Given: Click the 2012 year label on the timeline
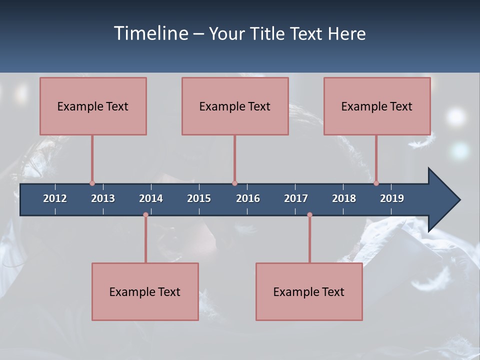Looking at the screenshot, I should pyautogui.click(x=55, y=198).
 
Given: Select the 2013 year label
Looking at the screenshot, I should pyautogui.click(x=103, y=198).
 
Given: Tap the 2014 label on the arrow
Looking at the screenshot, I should pyautogui.click(x=151, y=198).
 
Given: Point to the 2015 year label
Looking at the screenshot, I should pyautogui.click(x=199, y=198).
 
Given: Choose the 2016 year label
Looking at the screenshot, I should pyautogui.click(x=248, y=198).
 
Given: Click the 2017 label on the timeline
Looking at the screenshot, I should pyautogui.click(x=296, y=198).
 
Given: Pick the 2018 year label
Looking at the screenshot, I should pyautogui.click(x=344, y=198).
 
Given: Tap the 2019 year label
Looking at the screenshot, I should pyautogui.click(x=392, y=198).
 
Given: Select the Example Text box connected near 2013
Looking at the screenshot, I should pyautogui.click(x=93, y=106).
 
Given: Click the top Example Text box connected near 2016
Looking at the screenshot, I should pyautogui.click(x=235, y=106).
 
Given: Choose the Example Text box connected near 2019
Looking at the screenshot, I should pyautogui.click(x=377, y=106).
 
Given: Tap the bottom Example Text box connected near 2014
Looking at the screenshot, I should pyautogui.click(x=145, y=291).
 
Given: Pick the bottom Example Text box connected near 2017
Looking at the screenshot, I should pyautogui.click(x=309, y=291).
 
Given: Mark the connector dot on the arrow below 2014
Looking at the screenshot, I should pyautogui.click(x=145, y=215).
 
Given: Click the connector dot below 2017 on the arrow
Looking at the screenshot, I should pyautogui.click(x=309, y=215).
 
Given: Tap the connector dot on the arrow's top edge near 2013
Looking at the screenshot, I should pyautogui.click(x=92, y=183).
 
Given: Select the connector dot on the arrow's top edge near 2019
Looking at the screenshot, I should pyautogui.click(x=376, y=183).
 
